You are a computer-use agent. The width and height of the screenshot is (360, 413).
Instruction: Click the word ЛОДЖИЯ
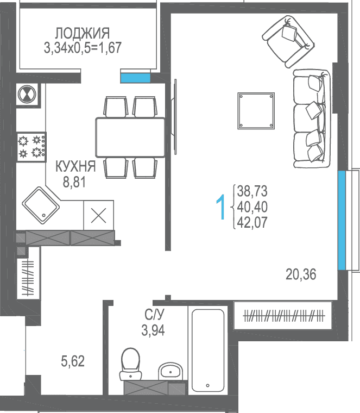(x=83, y=33)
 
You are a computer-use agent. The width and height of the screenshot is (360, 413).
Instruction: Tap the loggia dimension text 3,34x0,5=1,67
(x=83, y=48)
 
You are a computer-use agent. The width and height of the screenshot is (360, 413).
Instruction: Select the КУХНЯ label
(x=75, y=166)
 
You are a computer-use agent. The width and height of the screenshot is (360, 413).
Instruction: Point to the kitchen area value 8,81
(x=74, y=182)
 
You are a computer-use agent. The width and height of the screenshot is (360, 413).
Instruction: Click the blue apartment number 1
(x=221, y=207)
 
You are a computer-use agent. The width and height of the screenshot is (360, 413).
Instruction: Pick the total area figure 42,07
(x=252, y=222)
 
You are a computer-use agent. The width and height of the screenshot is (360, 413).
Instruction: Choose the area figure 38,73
(x=252, y=191)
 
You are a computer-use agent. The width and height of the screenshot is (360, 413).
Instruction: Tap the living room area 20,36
(x=301, y=274)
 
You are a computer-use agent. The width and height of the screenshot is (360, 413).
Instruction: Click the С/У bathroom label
(x=154, y=314)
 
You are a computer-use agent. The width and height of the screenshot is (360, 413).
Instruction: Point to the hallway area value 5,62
(x=73, y=361)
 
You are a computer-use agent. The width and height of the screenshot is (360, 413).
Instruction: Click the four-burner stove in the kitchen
(x=31, y=147)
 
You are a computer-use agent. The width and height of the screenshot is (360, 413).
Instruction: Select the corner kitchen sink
(x=41, y=205)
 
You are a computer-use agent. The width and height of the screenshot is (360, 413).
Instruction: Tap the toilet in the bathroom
(x=130, y=364)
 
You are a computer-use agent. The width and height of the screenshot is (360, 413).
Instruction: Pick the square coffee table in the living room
(x=256, y=111)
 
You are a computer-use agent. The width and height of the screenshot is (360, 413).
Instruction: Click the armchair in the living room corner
(x=288, y=41)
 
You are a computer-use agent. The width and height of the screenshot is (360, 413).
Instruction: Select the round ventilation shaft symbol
(x=27, y=94)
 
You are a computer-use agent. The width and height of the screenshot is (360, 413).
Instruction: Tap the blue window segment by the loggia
(x=135, y=78)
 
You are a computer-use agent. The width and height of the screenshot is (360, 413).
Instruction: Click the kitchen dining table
(x=130, y=137)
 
